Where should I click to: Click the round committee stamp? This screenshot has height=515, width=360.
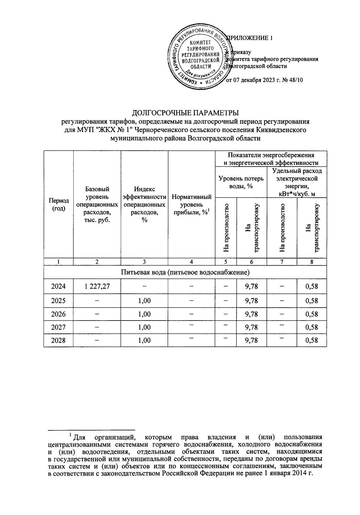(199, 58)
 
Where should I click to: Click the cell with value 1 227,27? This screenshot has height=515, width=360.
(97, 286)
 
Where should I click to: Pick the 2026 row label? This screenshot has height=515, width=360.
(58, 314)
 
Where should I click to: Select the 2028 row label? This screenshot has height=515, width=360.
(58, 340)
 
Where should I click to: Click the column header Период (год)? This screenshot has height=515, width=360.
(58, 204)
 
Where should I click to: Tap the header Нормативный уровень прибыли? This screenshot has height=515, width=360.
(191, 205)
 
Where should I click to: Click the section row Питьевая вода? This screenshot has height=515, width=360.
(185, 273)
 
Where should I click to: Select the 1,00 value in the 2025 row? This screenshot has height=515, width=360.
(144, 301)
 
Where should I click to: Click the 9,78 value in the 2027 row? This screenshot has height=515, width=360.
(251, 327)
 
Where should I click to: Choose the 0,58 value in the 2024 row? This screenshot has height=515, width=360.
(311, 286)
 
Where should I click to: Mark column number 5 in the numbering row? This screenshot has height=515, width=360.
(226, 262)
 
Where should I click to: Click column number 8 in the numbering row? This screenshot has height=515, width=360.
(312, 262)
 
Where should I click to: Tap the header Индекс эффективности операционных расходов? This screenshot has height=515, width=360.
(144, 204)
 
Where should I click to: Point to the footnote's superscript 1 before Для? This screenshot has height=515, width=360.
(70, 434)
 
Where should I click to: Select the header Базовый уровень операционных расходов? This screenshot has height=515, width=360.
(97, 204)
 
